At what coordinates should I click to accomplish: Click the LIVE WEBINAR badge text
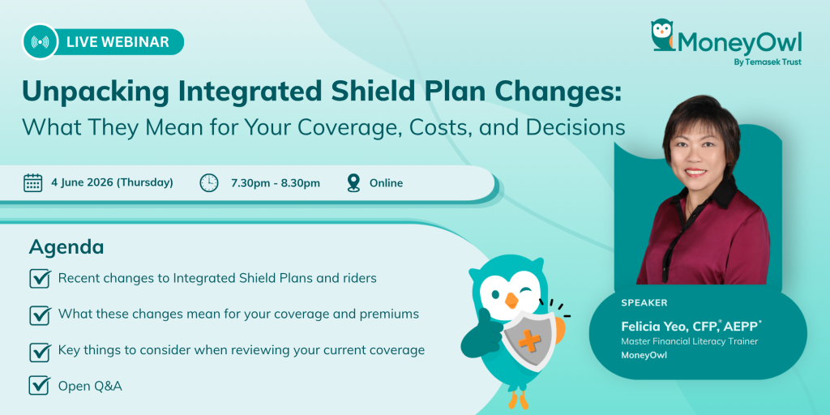[118, 42]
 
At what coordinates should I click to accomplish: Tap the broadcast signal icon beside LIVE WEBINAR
[41, 42]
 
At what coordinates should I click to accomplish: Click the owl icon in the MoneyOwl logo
[662, 36]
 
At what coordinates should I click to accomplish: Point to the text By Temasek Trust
[768, 62]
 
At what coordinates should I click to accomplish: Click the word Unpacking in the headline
[96, 92]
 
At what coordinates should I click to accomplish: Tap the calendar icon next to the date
[32, 182]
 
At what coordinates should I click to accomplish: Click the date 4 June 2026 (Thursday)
[112, 182]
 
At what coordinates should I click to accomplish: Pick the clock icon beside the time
[209, 182]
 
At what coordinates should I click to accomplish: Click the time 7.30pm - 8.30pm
[276, 183]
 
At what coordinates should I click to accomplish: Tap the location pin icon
[353, 182]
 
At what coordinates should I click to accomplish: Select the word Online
[386, 183]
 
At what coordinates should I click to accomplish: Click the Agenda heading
[66, 247]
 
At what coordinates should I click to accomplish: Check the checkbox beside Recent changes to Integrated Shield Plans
[40, 279]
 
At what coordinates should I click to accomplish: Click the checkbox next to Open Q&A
[40, 385]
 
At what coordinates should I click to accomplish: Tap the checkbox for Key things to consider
[40, 351]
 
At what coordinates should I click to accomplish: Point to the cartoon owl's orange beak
[511, 300]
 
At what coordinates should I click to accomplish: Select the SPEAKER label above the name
[644, 303]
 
